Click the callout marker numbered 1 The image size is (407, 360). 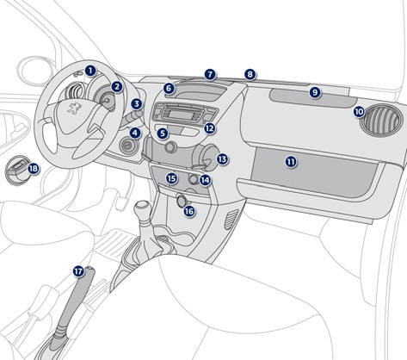tap(90, 71)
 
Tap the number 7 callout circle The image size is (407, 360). tap(210, 75)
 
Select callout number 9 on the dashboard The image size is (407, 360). tap(315, 92)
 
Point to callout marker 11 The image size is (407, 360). tap(291, 162)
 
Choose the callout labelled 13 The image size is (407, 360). tap(222, 159)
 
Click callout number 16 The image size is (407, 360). tap(189, 212)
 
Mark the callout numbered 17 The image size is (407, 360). tap(78, 271)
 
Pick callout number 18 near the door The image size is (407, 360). tap(34, 168)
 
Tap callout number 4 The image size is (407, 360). tap(135, 133)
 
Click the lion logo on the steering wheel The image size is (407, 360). tap(74, 107)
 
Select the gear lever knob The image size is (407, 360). tap(143, 208)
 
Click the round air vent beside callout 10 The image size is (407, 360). tap(381, 120)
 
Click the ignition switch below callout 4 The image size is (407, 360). tap(126, 146)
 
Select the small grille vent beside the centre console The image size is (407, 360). tap(231, 220)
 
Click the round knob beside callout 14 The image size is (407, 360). tap(194, 180)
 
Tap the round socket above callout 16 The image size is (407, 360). tap(182, 200)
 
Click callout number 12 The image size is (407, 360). tap(210, 128)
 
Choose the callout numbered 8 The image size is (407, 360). tap(250, 75)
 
